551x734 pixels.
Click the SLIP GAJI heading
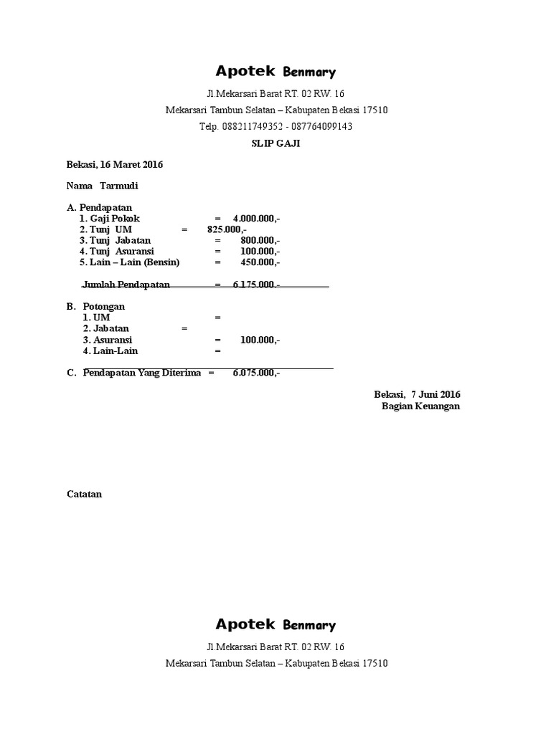(275, 143)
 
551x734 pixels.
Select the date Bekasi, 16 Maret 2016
(115, 165)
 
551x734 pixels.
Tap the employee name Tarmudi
(119, 186)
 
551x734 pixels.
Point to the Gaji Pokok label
(110, 218)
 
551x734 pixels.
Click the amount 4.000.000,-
(256, 218)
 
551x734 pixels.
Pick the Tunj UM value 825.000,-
(227, 229)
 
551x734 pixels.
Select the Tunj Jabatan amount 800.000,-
(260, 241)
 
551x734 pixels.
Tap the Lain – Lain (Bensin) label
(130, 262)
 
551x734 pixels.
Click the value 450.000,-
(260, 262)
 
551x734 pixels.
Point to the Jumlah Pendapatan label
(126, 285)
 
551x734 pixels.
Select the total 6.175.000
(255, 285)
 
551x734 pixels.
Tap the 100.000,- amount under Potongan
(260, 340)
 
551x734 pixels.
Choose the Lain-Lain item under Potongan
(110, 351)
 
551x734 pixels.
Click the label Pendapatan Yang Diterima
(142, 373)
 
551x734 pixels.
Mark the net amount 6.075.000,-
(256, 373)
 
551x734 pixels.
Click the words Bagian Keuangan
(420, 406)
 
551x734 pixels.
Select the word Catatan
(84, 494)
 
